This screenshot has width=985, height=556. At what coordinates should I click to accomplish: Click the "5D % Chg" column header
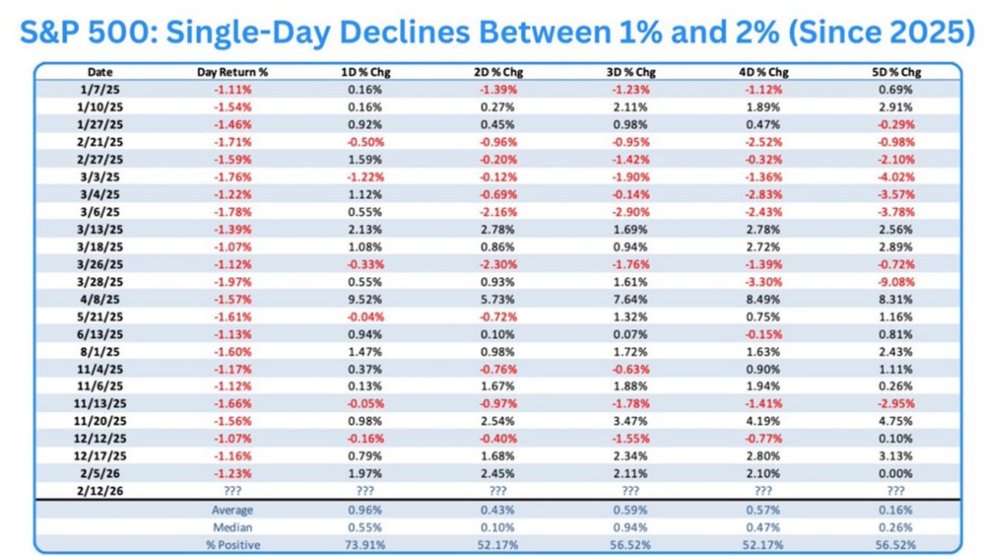coord(896,73)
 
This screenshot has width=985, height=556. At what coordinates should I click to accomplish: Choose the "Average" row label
coord(233,510)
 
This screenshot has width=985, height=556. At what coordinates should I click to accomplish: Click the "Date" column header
coord(99,73)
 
